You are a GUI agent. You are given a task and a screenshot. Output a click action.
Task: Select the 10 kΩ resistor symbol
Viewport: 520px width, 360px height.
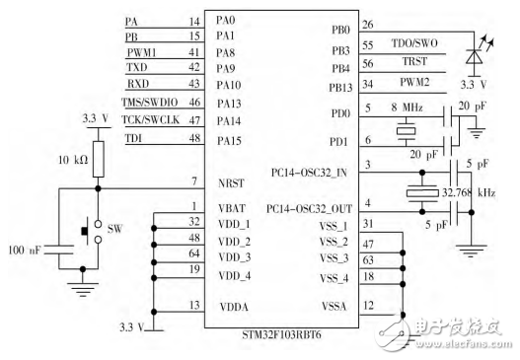(98, 160)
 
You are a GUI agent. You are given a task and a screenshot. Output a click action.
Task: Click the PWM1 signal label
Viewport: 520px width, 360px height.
(141, 50)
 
